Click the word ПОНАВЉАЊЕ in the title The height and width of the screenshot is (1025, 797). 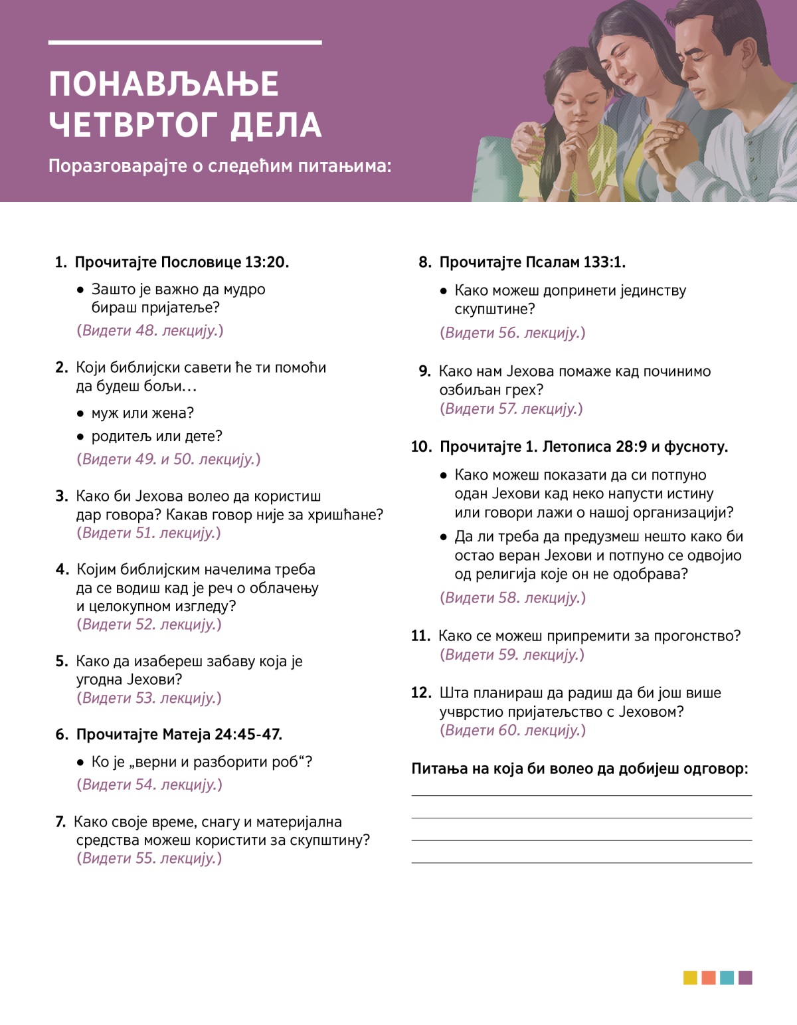pyautogui.click(x=163, y=84)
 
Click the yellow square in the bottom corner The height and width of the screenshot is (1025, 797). pyautogui.click(x=690, y=978)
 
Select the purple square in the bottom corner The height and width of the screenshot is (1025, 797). pyautogui.click(x=745, y=978)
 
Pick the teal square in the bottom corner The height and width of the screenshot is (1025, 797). pyautogui.click(x=727, y=978)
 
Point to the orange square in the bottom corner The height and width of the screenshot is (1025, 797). pyautogui.click(x=709, y=978)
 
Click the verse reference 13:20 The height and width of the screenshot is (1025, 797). pyautogui.click(x=266, y=262)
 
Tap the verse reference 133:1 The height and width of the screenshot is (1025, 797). pyautogui.click(x=604, y=262)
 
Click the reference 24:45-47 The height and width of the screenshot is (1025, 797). pyautogui.click(x=248, y=734)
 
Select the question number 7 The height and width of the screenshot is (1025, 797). pyautogui.click(x=60, y=822)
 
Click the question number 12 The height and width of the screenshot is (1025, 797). pyautogui.click(x=421, y=693)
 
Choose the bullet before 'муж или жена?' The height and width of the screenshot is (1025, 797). pyautogui.click(x=80, y=413)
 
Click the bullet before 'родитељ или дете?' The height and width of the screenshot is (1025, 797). pyautogui.click(x=80, y=436)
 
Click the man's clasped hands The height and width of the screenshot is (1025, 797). pyautogui.click(x=667, y=143)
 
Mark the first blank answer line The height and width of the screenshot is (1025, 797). pyautogui.click(x=581, y=795)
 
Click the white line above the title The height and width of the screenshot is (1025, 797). pyautogui.click(x=185, y=43)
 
